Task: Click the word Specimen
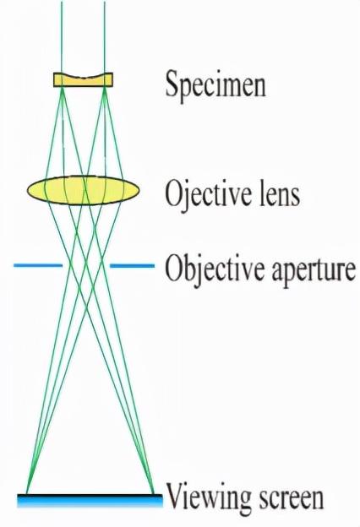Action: coord(215,84)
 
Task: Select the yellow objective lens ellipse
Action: coord(84,190)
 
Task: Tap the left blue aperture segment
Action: coord(38,265)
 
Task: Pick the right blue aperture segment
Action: coord(132,266)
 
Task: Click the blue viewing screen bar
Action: coord(90,500)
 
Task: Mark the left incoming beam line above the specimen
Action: coord(62,37)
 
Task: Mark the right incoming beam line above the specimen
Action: coord(105,37)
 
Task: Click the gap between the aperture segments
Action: coord(86,265)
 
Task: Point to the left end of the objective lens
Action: coord(28,190)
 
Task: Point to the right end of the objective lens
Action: coord(139,190)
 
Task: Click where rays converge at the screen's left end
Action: coord(27,493)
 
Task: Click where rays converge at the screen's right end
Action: coord(154,493)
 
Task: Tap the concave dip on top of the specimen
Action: coord(83,77)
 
